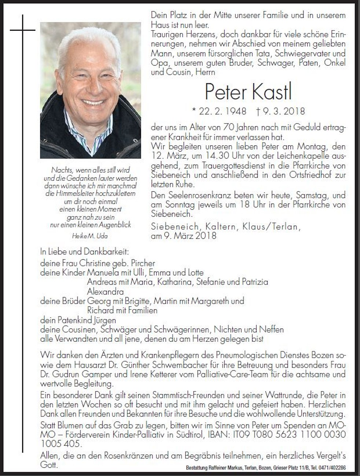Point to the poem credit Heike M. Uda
tap(90, 236)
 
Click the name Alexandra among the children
tap(105, 292)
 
